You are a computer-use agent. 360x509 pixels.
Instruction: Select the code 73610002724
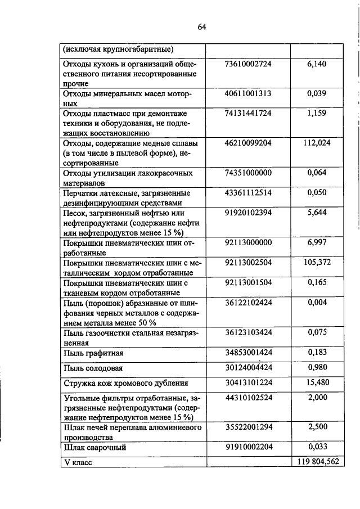(248, 64)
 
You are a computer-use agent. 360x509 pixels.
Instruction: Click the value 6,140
(317, 64)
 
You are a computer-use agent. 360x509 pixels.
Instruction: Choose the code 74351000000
(248, 173)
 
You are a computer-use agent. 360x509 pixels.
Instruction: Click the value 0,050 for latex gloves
(317, 192)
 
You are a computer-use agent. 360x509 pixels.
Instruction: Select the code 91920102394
(248, 213)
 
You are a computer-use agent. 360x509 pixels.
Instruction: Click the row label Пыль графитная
(93, 353)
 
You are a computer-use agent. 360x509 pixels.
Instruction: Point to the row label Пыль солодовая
(94, 368)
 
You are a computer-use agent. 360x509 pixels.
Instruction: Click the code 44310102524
(248, 398)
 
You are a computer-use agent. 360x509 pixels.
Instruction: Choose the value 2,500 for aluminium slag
(317, 427)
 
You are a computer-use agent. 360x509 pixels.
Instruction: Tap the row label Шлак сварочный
(94, 448)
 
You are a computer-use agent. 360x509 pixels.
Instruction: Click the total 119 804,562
(315, 462)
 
